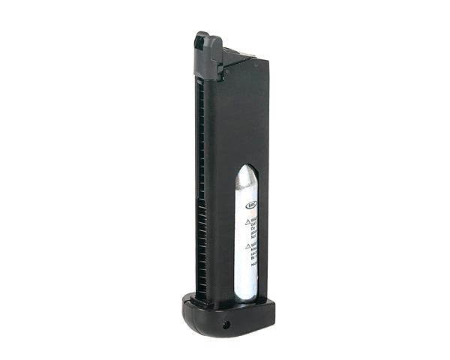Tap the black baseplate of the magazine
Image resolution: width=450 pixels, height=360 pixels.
coord(225,315)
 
